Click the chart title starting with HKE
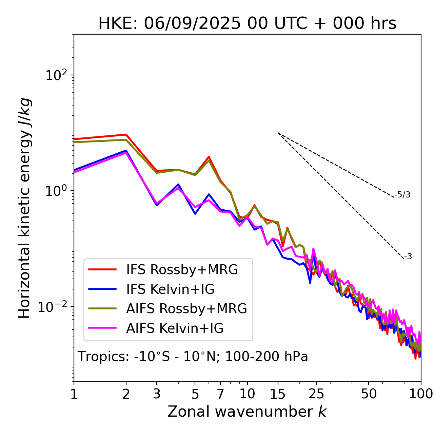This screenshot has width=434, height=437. (247, 24)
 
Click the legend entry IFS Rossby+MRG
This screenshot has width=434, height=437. (182, 270)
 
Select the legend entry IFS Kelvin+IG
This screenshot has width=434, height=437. (170, 289)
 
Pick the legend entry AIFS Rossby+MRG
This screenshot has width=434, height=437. (186, 309)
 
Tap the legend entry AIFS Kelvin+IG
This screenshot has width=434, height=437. (175, 328)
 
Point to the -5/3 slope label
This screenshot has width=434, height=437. (402, 195)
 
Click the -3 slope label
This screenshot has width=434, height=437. (408, 257)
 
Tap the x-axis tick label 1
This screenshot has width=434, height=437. (74, 394)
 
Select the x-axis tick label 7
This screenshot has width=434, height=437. (220, 394)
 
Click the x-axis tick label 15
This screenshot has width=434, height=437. (278, 394)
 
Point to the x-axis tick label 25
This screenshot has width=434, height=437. (316, 394)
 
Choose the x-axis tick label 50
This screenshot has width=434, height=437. (369, 394)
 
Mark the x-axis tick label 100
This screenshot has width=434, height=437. (421, 394)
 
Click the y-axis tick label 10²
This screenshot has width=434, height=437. (56, 75)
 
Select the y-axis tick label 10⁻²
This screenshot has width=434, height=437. (54, 307)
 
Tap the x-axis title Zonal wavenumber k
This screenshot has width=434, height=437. (247, 412)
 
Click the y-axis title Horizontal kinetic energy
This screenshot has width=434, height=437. (24, 208)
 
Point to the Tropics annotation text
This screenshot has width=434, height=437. (193, 357)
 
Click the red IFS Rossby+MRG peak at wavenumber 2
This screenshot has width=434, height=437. (126, 135)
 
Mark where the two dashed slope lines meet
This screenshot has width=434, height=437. (278, 133)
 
